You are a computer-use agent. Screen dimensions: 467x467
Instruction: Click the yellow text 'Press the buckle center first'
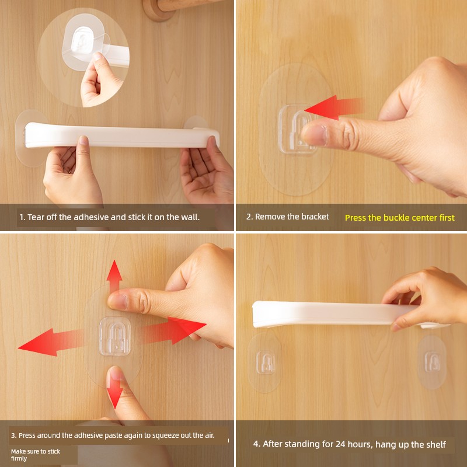pyautogui.click(x=400, y=218)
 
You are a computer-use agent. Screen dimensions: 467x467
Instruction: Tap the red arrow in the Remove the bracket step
pyautogui.click(x=333, y=107)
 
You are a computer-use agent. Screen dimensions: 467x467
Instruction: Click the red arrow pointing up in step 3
pyautogui.click(x=114, y=276)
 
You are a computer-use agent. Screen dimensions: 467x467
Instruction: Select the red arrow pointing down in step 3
pyautogui.click(x=114, y=390)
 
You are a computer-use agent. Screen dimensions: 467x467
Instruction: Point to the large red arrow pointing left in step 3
pyautogui.click(x=51, y=342)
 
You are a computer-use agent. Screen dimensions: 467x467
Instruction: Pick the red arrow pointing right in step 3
pyautogui.click(x=173, y=330)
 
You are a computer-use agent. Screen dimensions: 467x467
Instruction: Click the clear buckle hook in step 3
pyautogui.click(x=114, y=337)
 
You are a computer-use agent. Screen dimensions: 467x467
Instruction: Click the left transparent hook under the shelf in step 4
pyautogui.click(x=265, y=362)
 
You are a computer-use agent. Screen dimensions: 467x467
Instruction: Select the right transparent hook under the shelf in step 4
pyautogui.click(x=432, y=361)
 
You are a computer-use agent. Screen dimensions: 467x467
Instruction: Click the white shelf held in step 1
pyautogui.click(x=122, y=135)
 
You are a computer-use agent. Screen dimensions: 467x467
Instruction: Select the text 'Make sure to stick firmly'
pyautogui.click(x=36, y=455)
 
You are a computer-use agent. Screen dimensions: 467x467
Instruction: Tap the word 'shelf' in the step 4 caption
pyautogui.click(x=435, y=444)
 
